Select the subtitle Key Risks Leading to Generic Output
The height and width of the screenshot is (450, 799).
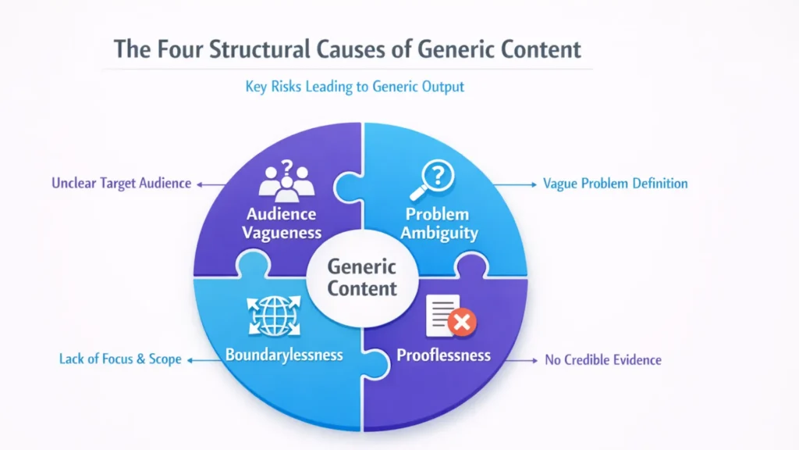click(355, 86)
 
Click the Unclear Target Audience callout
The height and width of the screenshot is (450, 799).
click(121, 184)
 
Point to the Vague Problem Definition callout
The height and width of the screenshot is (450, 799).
click(615, 184)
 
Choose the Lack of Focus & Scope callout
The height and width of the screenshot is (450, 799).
click(120, 359)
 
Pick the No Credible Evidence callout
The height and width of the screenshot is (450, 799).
click(603, 360)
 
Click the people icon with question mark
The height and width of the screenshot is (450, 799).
click(286, 178)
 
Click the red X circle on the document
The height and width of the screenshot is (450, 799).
click(464, 322)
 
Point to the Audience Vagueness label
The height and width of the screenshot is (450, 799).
click(281, 223)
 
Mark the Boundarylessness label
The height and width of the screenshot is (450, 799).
click(284, 355)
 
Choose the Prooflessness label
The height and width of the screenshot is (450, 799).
click(443, 355)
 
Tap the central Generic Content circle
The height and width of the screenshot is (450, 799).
click(362, 277)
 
